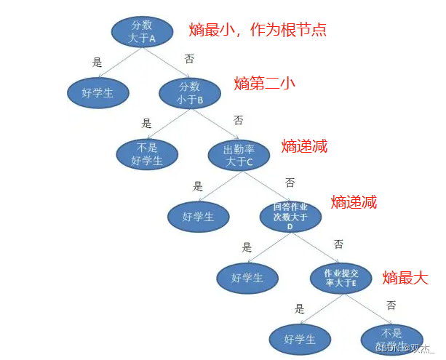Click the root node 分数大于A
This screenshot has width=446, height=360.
(143, 31)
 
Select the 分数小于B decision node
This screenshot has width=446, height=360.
(190, 92)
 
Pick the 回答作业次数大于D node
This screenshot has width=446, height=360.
(290, 217)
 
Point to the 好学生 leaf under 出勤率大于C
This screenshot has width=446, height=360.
(198, 216)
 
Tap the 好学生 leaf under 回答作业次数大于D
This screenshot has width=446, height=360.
(247, 277)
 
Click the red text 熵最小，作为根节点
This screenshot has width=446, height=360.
(258, 30)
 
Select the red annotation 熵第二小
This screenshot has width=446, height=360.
(265, 84)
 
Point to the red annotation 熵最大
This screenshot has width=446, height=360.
(406, 277)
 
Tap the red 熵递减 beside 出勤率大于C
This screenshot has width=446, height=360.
(304, 145)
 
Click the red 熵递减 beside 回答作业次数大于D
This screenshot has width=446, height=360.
(354, 203)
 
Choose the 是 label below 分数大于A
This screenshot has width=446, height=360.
(97, 63)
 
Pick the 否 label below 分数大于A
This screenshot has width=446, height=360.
(189, 59)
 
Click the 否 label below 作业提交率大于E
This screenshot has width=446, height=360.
(391, 305)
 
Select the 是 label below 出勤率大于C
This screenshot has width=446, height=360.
(198, 186)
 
